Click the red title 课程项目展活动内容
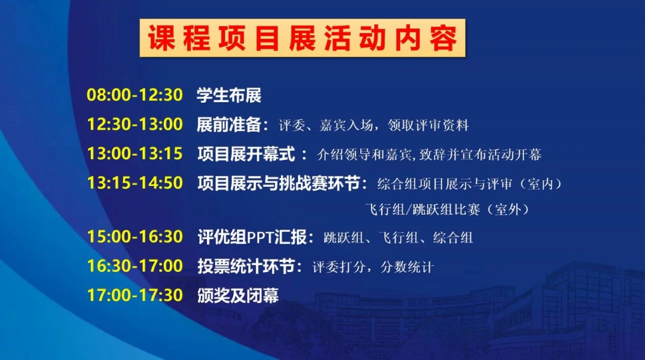tap(302, 38)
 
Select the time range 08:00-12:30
tap(135, 95)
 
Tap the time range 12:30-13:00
tap(135, 124)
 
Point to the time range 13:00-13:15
tap(135, 154)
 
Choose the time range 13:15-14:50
tap(135, 183)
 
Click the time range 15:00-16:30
tap(135, 236)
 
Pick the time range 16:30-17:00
tap(135, 266)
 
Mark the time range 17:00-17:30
tap(135, 295)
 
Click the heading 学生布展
tap(229, 95)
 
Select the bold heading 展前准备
tap(229, 125)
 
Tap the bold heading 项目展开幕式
tap(247, 154)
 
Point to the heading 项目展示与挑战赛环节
tap(279, 184)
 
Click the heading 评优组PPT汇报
tap(252, 237)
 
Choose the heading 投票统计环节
tap(247, 266)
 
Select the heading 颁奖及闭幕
tap(238, 296)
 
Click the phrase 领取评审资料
tap(428, 125)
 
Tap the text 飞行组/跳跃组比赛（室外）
tap(448, 209)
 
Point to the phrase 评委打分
tap(339, 267)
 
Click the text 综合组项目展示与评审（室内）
tap(470, 184)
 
